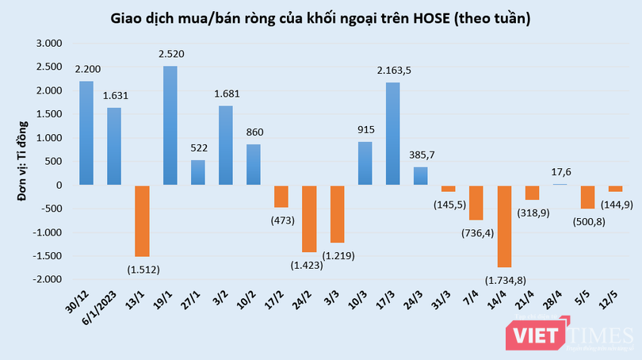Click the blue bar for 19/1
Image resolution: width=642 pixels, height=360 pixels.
point(170,125)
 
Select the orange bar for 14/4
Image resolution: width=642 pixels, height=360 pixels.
point(504,226)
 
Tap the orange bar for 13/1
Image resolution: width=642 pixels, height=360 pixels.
point(142,220)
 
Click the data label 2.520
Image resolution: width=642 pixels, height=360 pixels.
point(170,56)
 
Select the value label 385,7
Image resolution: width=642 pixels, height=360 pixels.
point(421,155)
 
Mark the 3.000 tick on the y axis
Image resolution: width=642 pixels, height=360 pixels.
point(48,43)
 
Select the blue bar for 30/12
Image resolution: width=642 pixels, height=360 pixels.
point(86,133)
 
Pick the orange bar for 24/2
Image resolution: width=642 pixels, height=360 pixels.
point(309,219)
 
